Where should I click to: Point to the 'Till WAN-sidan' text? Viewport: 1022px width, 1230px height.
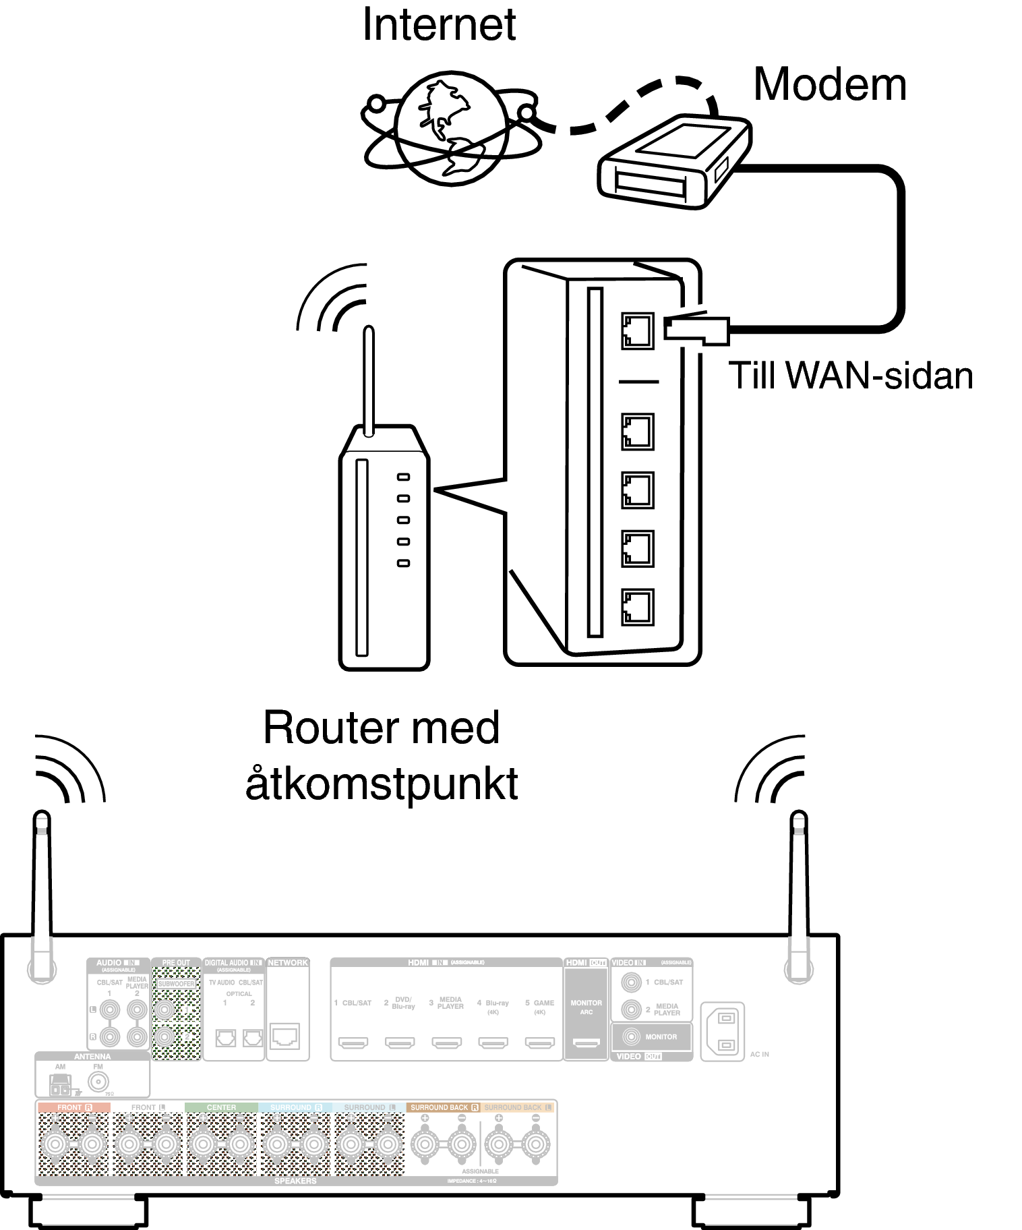click(851, 376)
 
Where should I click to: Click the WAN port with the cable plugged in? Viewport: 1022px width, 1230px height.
click(637, 330)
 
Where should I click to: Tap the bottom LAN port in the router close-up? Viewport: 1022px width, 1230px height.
click(637, 606)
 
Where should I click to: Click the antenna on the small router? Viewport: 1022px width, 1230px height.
click(368, 381)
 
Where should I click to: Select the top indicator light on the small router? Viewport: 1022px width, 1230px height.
click(403, 477)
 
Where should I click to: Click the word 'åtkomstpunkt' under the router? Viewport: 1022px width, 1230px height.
click(382, 784)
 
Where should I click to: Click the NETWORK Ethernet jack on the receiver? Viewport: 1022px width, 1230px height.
click(284, 1036)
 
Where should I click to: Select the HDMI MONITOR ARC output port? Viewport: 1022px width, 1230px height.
click(586, 1043)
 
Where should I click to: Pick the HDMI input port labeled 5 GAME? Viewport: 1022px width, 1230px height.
click(539, 1043)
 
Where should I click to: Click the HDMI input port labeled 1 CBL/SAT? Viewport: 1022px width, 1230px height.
click(353, 1043)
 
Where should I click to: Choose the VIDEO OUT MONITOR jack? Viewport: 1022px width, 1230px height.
click(631, 1036)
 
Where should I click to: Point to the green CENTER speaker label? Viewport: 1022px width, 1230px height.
click(221, 1107)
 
